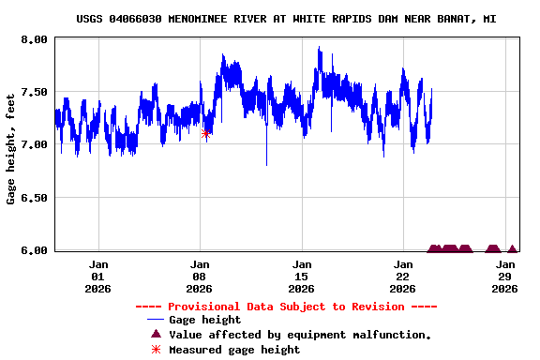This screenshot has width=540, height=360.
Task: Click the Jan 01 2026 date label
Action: [98, 277]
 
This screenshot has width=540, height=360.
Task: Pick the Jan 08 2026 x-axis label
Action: [200, 277]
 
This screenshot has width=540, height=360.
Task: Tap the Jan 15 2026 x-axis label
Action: [302, 277]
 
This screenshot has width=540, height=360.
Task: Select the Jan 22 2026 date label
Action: [403, 277]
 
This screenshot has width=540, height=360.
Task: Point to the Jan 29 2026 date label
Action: [505, 277]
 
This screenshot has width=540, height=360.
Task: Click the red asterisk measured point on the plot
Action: [206, 134]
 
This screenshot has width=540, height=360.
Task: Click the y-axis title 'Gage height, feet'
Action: [11, 148]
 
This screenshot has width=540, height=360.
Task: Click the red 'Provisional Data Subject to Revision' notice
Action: [286, 307]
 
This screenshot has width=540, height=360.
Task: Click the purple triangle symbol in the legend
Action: [157, 335]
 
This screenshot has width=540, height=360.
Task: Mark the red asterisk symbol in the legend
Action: [157, 350]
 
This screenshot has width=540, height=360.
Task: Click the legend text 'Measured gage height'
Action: [234, 350]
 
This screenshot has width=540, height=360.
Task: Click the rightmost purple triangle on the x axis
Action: [512, 249]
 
